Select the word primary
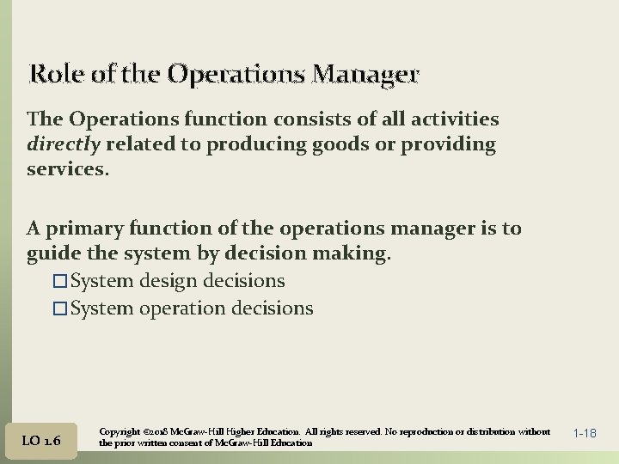[x=86, y=229]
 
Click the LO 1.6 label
[x=41, y=440]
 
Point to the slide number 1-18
[x=584, y=434]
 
